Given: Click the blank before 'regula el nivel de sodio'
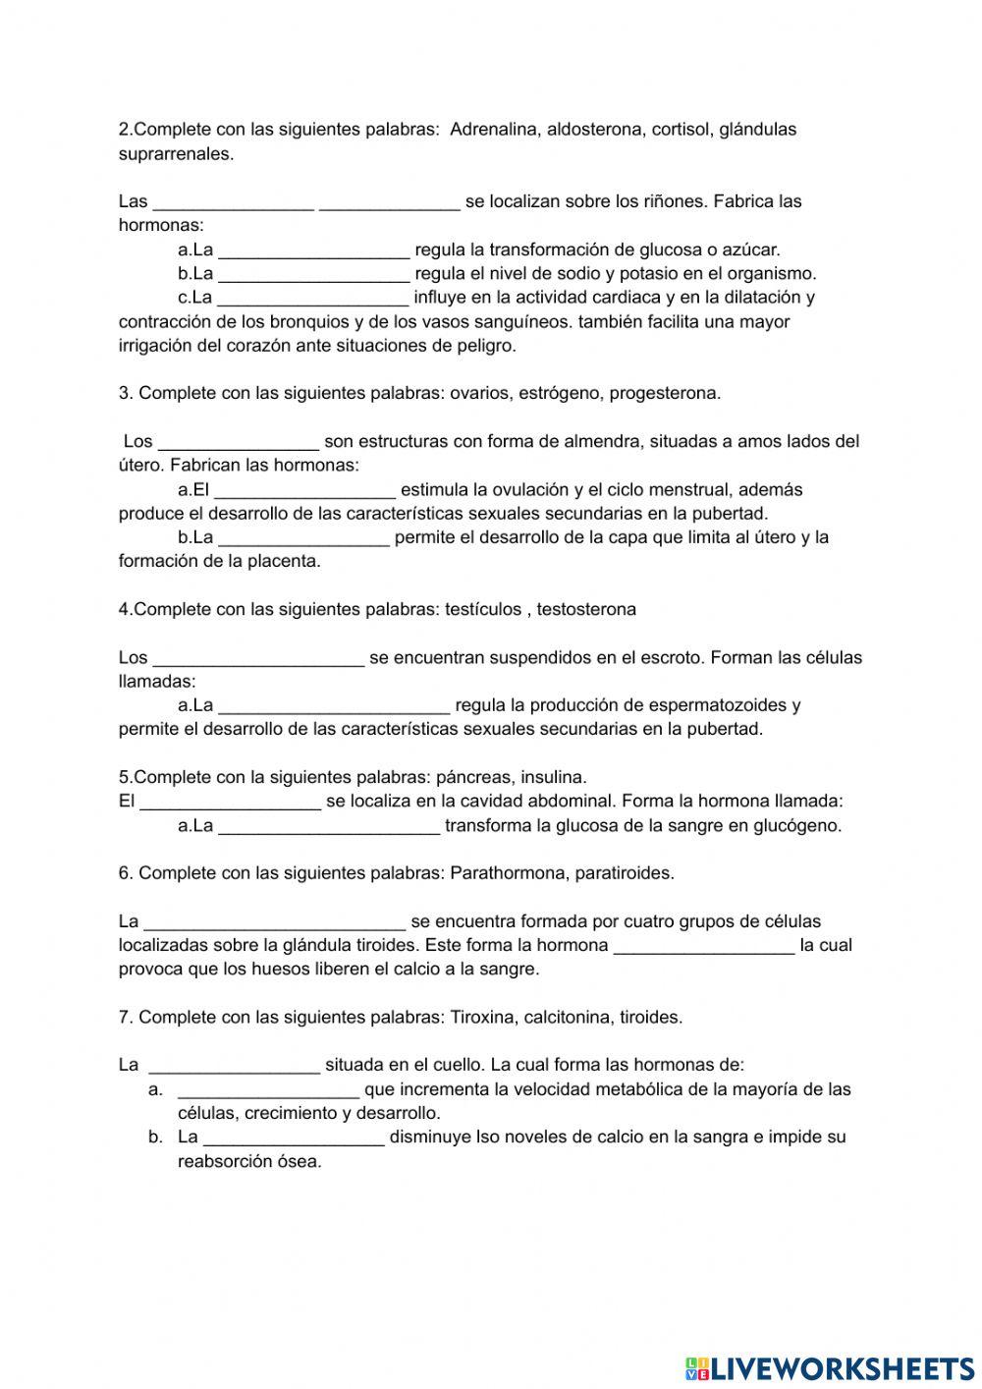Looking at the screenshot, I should (x=313, y=273).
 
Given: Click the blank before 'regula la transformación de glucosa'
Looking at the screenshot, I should (x=313, y=250).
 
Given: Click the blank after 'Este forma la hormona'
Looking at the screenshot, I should (x=703, y=945).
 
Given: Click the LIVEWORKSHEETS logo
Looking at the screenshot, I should (x=830, y=1367).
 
